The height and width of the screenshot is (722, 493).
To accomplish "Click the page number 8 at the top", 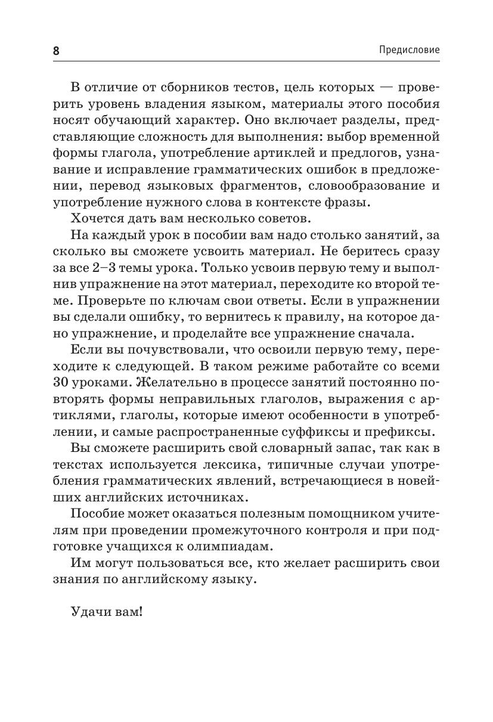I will click(57, 51).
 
